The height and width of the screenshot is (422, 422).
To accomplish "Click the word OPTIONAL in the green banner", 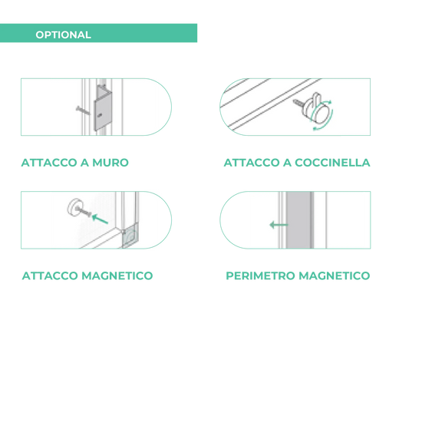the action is (63, 35).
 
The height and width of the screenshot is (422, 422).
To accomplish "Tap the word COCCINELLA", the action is (332, 163).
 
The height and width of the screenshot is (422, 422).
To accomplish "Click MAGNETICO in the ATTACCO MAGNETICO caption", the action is (117, 275).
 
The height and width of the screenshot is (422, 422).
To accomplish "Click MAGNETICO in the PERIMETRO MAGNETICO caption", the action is (335, 275).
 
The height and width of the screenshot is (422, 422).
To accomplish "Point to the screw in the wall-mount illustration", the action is (83, 110).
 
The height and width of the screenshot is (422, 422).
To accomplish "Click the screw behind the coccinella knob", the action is (298, 103).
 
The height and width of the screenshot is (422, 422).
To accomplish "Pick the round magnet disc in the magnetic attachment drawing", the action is (75, 207).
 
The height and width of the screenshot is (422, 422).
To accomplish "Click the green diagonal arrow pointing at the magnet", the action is (100, 219).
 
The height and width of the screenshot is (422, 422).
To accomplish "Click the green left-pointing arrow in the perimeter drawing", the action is (279, 225).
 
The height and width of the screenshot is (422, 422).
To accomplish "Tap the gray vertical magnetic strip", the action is (299, 220).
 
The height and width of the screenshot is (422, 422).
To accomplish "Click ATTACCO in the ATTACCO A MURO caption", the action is (49, 163).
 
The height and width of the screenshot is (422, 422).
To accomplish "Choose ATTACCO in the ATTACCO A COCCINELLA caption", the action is (252, 163).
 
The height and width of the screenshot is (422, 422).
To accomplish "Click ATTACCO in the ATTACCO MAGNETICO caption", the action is (50, 275).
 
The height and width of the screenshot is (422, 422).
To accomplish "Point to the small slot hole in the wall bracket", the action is (100, 115).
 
